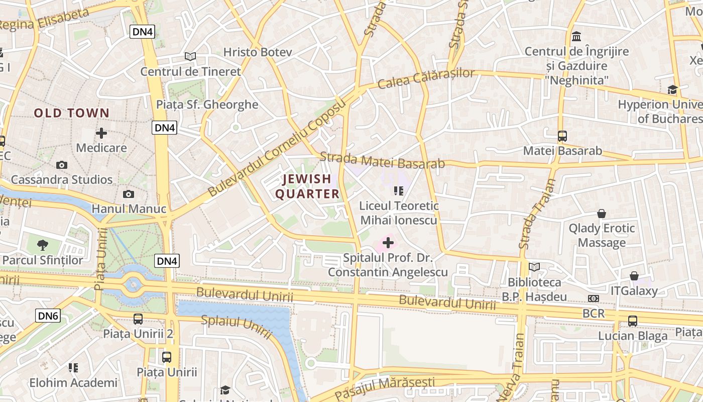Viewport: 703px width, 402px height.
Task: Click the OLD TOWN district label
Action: pyautogui.click(x=71, y=113)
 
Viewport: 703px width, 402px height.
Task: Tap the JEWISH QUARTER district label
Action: pyautogui.click(x=307, y=186)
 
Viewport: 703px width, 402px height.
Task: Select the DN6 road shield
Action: pyautogui.click(x=48, y=316)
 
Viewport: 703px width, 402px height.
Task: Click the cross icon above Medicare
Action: pyautogui.click(x=101, y=133)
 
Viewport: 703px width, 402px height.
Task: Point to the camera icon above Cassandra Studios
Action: pyautogui.click(x=62, y=165)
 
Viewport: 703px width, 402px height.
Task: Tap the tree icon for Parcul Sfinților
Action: pyautogui.click(x=43, y=245)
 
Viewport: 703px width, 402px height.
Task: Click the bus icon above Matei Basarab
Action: pyautogui.click(x=562, y=136)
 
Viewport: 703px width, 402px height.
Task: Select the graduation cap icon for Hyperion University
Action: pyautogui.click(x=672, y=90)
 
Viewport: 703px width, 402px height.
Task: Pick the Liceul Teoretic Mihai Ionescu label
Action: pyautogui.click(x=399, y=213)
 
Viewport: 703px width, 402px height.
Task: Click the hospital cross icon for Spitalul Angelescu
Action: pyautogui.click(x=388, y=243)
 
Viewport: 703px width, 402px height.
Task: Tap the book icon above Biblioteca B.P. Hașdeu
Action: pyautogui.click(x=534, y=267)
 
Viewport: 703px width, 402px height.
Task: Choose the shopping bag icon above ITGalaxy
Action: pyautogui.click(x=634, y=276)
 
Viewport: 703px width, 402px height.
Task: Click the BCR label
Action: pyautogui.click(x=594, y=314)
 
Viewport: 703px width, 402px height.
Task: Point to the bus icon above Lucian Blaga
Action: pyautogui.click(x=633, y=321)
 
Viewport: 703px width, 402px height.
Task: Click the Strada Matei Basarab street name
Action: pyautogui.click(x=382, y=161)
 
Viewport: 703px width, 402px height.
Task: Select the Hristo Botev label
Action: pyautogui.click(x=251, y=52)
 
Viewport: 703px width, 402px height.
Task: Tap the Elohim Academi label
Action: pyautogui.click(x=73, y=382)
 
